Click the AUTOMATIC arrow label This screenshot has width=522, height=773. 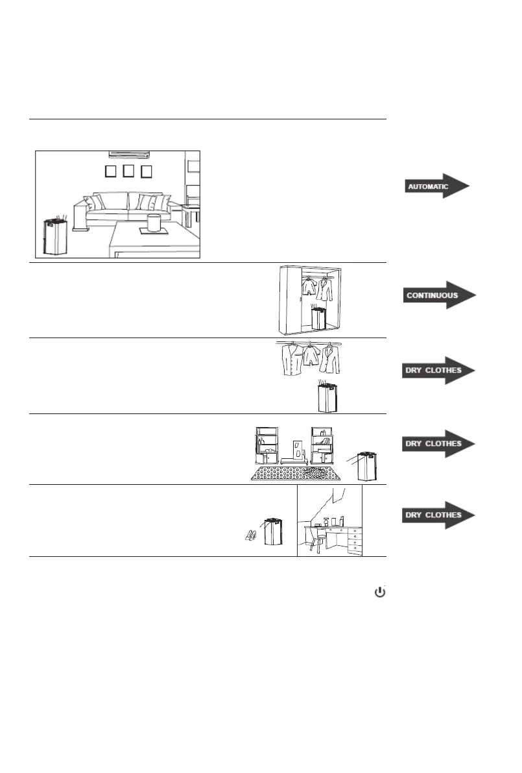(x=434, y=186)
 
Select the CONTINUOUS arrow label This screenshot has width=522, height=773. (x=438, y=295)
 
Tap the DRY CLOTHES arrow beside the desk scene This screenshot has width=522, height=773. (x=438, y=515)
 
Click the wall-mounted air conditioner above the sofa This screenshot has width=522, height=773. (x=129, y=154)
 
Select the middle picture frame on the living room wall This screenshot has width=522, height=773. (x=128, y=171)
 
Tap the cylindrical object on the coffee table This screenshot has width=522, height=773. (x=154, y=222)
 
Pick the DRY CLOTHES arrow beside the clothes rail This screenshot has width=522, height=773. (x=438, y=371)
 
